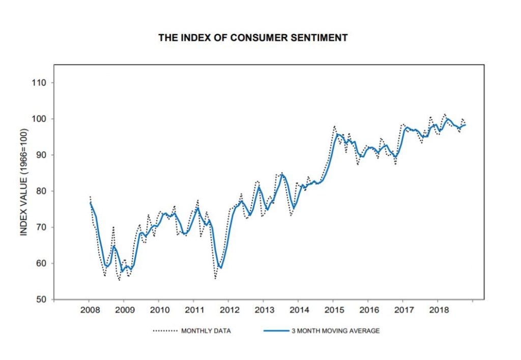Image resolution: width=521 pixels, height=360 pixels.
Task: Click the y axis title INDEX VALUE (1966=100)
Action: pyautogui.click(x=23, y=182)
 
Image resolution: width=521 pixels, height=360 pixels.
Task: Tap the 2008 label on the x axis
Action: pyautogui.click(x=89, y=310)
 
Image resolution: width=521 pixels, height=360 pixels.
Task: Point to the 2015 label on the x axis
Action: pyautogui.click(x=333, y=310)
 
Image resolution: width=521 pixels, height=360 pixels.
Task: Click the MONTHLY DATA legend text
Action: pyautogui.click(x=206, y=331)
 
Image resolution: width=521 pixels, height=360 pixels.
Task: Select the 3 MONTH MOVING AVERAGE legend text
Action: pyautogui.click(x=335, y=331)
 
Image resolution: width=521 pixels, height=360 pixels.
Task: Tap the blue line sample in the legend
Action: pyautogui.click(x=276, y=331)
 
